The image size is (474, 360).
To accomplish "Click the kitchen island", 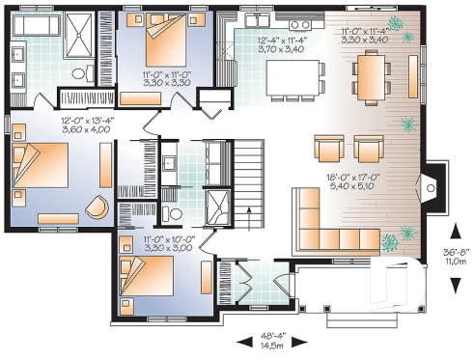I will [291, 75].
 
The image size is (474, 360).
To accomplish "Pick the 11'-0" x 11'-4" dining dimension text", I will [364, 37].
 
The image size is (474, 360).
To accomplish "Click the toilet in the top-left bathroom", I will [83, 69].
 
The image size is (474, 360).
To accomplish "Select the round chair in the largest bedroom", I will [95, 208].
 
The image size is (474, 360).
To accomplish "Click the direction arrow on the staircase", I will [249, 218].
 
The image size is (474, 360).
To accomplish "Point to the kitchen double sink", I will [257, 21].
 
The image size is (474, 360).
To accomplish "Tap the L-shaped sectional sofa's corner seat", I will [310, 239].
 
